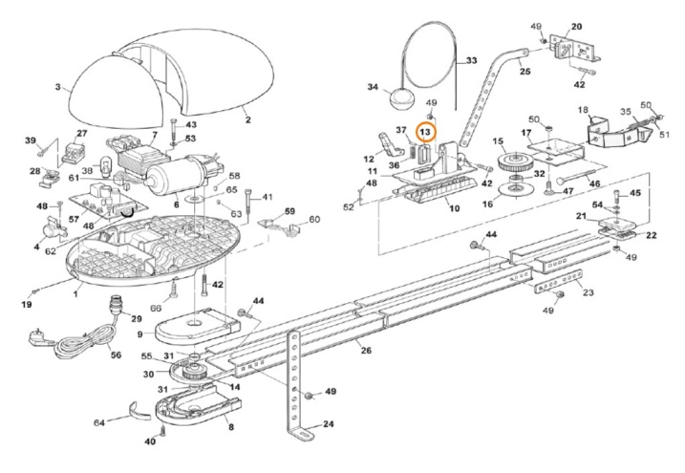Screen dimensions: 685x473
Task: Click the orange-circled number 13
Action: pyautogui.click(x=425, y=131)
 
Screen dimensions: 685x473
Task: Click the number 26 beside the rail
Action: pyautogui.click(x=366, y=350)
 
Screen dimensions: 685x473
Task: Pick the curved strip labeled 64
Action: pyautogui.click(x=139, y=411)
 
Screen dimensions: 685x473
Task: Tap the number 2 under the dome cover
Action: pyautogui.click(x=247, y=118)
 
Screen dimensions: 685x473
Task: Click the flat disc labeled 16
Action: pyautogui.click(x=516, y=190)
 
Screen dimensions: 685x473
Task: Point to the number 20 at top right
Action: pyautogui.click(x=576, y=27)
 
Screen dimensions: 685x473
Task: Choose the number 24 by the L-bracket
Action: pyautogui.click(x=328, y=423)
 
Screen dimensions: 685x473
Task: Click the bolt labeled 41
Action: pyautogui.click(x=248, y=204)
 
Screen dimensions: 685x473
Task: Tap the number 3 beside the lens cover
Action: pyautogui.click(x=57, y=87)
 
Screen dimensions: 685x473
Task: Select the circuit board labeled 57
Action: pyautogui.click(x=110, y=201)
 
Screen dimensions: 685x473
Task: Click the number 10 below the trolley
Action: pyautogui.click(x=455, y=208)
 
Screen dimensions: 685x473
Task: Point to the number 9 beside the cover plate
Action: pyautogui.click(x=139, y=334)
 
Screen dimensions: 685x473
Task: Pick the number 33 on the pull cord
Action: pyautogui.click(x=471, y=60)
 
